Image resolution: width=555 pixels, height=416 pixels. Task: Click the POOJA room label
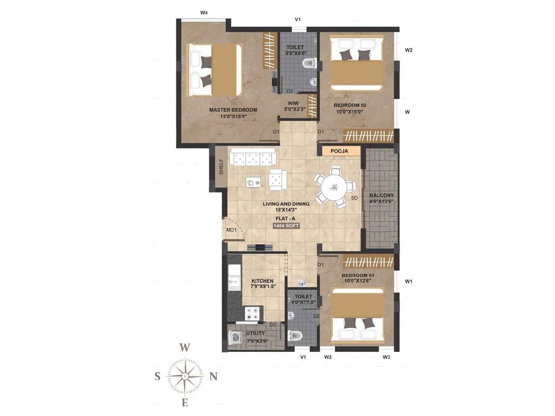click(x=339, y=151)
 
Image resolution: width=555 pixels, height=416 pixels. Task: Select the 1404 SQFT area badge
click(x=286, y=226)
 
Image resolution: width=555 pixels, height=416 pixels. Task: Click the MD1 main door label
click(x=231, y=230)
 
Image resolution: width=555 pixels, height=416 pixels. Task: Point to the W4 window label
click(x=204, y=13)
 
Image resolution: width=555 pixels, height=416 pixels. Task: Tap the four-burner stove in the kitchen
click(x=252, y=313)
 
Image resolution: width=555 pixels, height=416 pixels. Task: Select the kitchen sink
click(x=234, y=283)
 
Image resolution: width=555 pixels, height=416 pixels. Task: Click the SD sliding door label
click(x=354, y=198)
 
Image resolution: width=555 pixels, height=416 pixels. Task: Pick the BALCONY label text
click(x=382, y=195)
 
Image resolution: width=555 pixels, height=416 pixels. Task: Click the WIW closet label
click(x=293, y=103)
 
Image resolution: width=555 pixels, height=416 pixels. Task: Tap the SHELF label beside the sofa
click(x=221, y=166)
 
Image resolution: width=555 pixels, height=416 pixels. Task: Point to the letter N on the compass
click(x=214, y=376)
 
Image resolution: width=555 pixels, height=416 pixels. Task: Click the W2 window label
click(x=409, y=50)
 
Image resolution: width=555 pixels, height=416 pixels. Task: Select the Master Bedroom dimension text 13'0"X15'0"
click(x=233, y=116)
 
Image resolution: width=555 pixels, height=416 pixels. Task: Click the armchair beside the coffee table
click(x=277, y=180)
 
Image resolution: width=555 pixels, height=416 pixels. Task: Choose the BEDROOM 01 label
click(x=358, y=276)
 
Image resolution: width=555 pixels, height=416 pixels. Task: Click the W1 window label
click(x=409, y=281)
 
